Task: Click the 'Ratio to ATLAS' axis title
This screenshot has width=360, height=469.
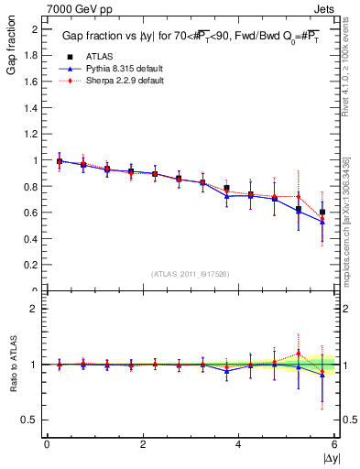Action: (x=12, y=363)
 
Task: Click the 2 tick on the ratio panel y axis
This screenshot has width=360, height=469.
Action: (x=35, y=310)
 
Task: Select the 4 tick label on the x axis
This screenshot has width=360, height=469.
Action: (x=238, y=444)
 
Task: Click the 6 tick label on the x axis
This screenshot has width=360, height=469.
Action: (x=334, y=444)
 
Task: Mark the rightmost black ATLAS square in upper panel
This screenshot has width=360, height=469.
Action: (x=322, y=212)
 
